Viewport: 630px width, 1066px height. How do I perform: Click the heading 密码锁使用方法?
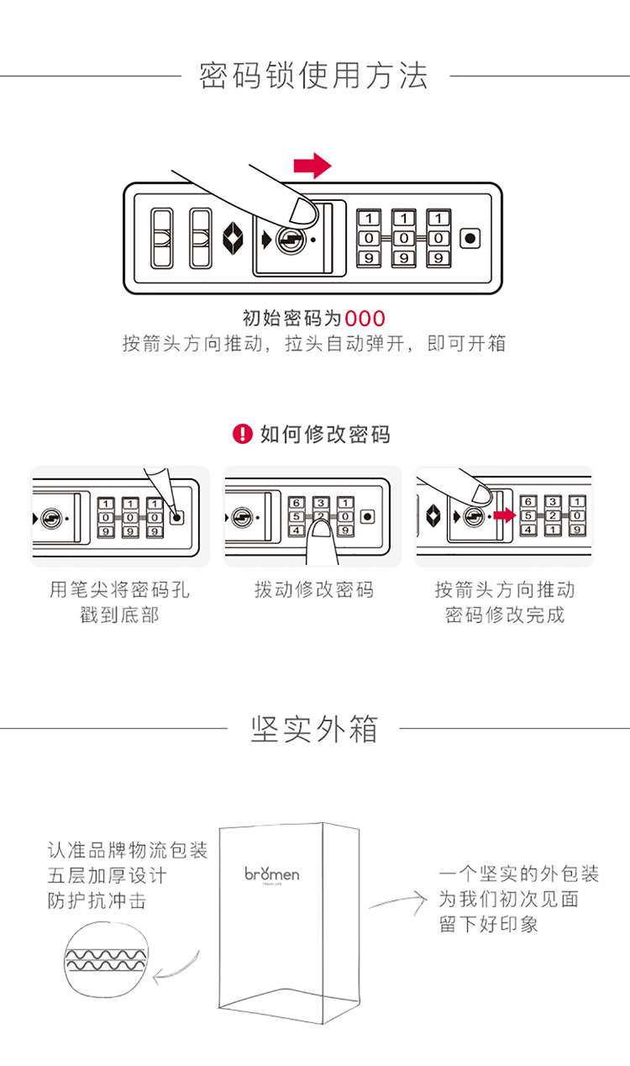tap(314, 76)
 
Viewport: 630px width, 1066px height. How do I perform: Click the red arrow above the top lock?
tap(312, 166)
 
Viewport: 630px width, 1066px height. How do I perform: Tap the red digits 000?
tap(365, 319)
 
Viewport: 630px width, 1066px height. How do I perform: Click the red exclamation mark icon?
tap(242, 434)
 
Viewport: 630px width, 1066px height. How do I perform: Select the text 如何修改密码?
tap(325, 435)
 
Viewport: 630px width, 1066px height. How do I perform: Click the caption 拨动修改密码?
tap(313, 589)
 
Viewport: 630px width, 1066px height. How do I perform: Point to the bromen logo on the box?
tap(272, 874)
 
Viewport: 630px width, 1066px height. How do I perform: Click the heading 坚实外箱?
tap(314, 729)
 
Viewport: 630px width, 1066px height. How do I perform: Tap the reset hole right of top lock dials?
tap(470, 238)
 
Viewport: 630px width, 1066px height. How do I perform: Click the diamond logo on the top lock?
tap(234, 239)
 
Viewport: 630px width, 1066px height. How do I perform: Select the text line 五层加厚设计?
tap(107, 875)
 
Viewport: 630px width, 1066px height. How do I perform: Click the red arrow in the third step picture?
tap(504, 515)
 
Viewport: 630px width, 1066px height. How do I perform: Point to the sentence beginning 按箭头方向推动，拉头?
tap(314, 344)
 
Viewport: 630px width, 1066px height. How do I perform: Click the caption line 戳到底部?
tap(119, 615)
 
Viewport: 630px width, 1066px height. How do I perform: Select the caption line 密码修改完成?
tap(505, 615)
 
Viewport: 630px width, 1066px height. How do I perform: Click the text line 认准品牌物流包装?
tap(127, 850)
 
